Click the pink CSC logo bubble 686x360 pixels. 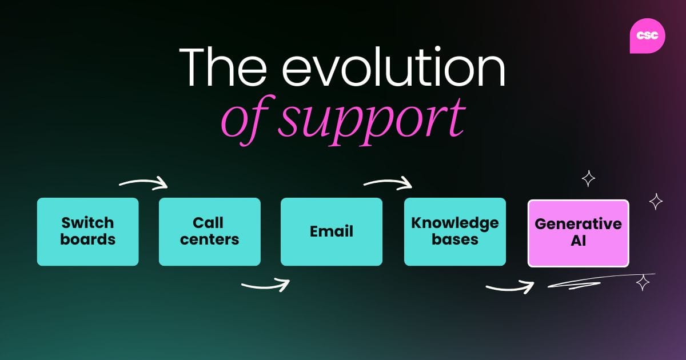pyautogui.click(x=647, y=35)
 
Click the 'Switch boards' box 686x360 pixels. pyautogui.click(x=87, y=231)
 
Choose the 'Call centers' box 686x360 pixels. pyautogui.click(x=209, y=231)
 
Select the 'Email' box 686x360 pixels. pyautogui.click(x=331, y=231)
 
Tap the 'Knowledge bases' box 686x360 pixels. pyautogui.click(x=454, y=231)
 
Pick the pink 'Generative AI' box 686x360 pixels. pyautogui.click(x=578, y=233)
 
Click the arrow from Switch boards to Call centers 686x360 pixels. pyautogui.click(x=143, y=183)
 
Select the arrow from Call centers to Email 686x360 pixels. pyautogui.click(x=266, y=284)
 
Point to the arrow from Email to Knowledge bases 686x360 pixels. pyautogui.click(x=388, y=183)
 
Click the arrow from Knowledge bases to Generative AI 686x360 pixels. pyautogui.click(x=510, y=287)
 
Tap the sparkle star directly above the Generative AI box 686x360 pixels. pyautogui.click(x=588, y=179)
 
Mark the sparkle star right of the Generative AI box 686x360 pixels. pyautogui.click(x=656, y=201)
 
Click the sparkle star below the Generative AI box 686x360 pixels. pyautogui.click(x=643, y=282)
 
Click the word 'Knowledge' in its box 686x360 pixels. pyautogui.click(x=454, y=223)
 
